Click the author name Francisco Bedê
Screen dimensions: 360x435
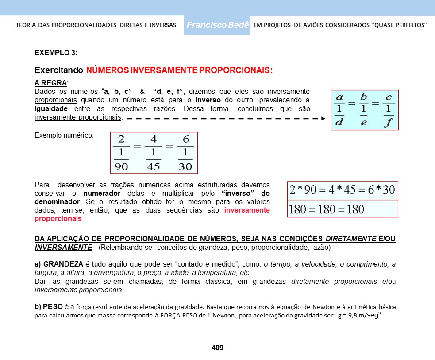pos(217,25)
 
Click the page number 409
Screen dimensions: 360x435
pos(217,348)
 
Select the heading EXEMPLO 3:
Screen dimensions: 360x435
pos(56,53)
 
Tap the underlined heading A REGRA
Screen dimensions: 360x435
pos(50,83)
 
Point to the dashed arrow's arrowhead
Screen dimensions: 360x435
pos(323,119)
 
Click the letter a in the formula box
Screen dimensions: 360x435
pos(339,97)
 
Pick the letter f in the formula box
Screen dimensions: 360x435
pos(388,122)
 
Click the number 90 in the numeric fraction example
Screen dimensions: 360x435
pos(121,166)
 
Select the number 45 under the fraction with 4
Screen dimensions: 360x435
pos(153,166)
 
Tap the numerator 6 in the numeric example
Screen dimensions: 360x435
pos(185,140)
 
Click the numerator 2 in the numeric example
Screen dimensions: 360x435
pos(121,140)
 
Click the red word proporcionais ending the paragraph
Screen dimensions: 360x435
pos(58,219)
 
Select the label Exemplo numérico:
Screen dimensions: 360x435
pos(64,135)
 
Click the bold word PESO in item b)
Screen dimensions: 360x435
pos(53,306)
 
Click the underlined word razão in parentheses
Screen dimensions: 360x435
pos(320,247)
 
